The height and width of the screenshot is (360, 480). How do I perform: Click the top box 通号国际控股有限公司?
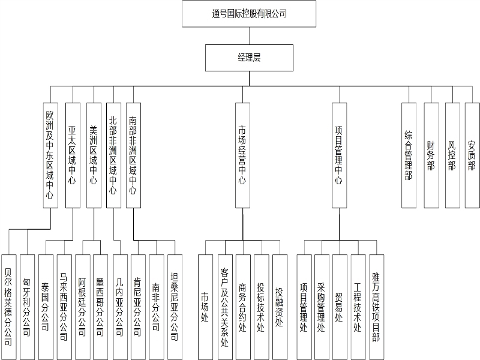pos(249,14)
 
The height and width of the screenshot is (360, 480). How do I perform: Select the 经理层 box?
pos(249,58)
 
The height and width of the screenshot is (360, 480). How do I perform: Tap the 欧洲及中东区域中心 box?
pos(50,155)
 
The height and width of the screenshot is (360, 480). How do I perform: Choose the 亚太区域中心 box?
pos(73,155)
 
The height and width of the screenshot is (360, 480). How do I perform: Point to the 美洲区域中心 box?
pos(94,155)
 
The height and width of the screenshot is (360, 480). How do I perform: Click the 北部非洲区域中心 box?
pos(114,155)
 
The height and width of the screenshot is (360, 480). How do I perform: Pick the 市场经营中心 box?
pos(243,155)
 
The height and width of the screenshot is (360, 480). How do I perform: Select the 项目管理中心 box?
pos(340,155)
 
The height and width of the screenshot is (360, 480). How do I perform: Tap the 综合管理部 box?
pos(409,155)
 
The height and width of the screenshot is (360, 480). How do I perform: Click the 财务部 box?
pos(431,155)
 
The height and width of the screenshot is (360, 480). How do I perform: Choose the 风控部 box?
pos(452,155)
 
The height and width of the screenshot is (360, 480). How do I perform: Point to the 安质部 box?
pos(472,155)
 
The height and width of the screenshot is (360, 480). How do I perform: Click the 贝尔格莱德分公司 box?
pos(9,307)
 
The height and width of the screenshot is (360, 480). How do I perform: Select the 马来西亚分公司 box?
pos(64,307)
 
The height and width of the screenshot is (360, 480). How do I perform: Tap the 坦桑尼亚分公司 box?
pos(175,307)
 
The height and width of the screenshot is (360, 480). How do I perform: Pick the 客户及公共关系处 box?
pos(226,307)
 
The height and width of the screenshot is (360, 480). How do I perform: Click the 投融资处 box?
pos(280,307)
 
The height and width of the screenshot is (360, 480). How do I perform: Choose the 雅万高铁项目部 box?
pos(377,307)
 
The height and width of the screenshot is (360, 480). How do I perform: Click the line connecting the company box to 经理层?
pos(249,36)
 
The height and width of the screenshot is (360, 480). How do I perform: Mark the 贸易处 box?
pos(340,307)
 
